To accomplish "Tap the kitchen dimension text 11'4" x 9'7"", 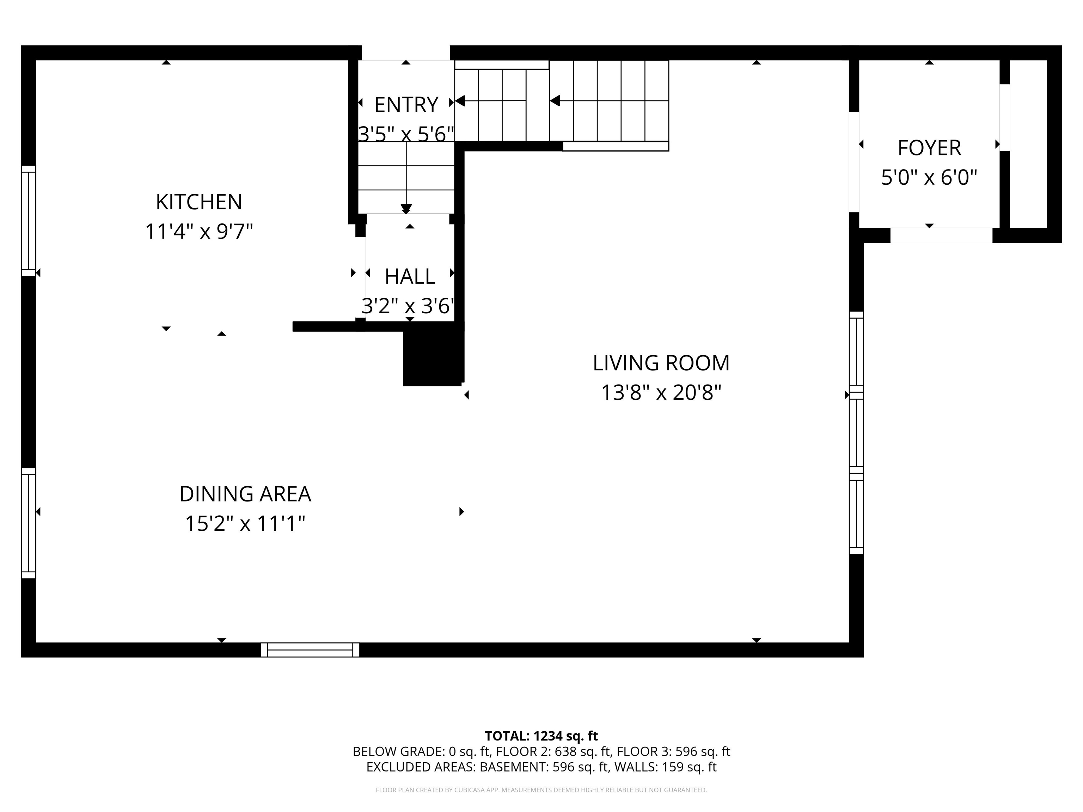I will [199, 232].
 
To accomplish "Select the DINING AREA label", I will [245, 494].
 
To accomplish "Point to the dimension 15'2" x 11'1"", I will [245, 524].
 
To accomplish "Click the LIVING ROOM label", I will [661, 363].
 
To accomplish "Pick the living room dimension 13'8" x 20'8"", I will [661, 393].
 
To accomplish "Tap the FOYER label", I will [929, 148].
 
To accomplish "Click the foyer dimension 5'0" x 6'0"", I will [929, 177].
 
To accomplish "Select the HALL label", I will [410, 277].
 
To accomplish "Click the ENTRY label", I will [406, 105].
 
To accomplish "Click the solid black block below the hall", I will [432, 357].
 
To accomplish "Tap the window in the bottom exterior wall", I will [310, 650].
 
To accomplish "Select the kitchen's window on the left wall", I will [29, 221].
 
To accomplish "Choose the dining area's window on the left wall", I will [29, 523].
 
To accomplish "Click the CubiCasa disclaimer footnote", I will [541, 790].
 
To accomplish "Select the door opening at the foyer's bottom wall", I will [941, 235].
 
